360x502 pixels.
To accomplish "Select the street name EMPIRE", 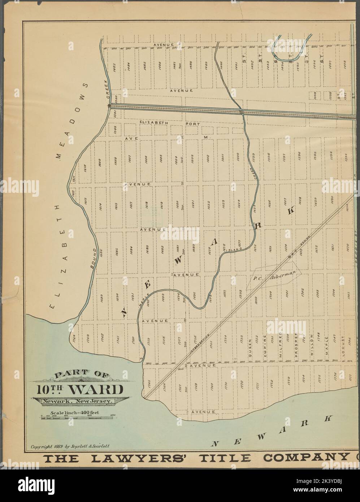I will [265, 346].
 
